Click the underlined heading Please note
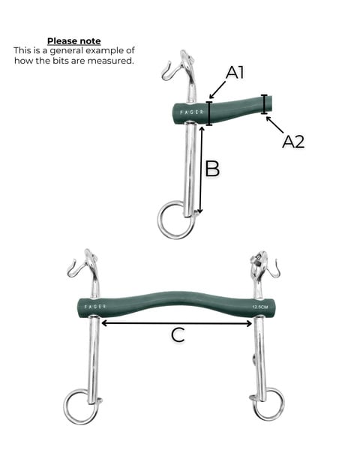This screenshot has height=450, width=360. [74, 41]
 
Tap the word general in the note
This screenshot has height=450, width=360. [67, 51]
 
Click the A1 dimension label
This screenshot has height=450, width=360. [235, 72]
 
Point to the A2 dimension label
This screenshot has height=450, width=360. [293, 142]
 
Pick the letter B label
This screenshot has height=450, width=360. [212, 169]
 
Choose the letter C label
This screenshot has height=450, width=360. [178, 334]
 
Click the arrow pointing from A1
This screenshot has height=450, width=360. [217, 90]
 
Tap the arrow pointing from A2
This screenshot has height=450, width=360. [274, 124]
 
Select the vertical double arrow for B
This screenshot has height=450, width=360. [201, 170]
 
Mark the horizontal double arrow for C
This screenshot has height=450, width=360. [177, 323]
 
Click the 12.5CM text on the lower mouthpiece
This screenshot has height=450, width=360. [260, 307]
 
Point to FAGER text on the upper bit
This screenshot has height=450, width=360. [192, 112]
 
